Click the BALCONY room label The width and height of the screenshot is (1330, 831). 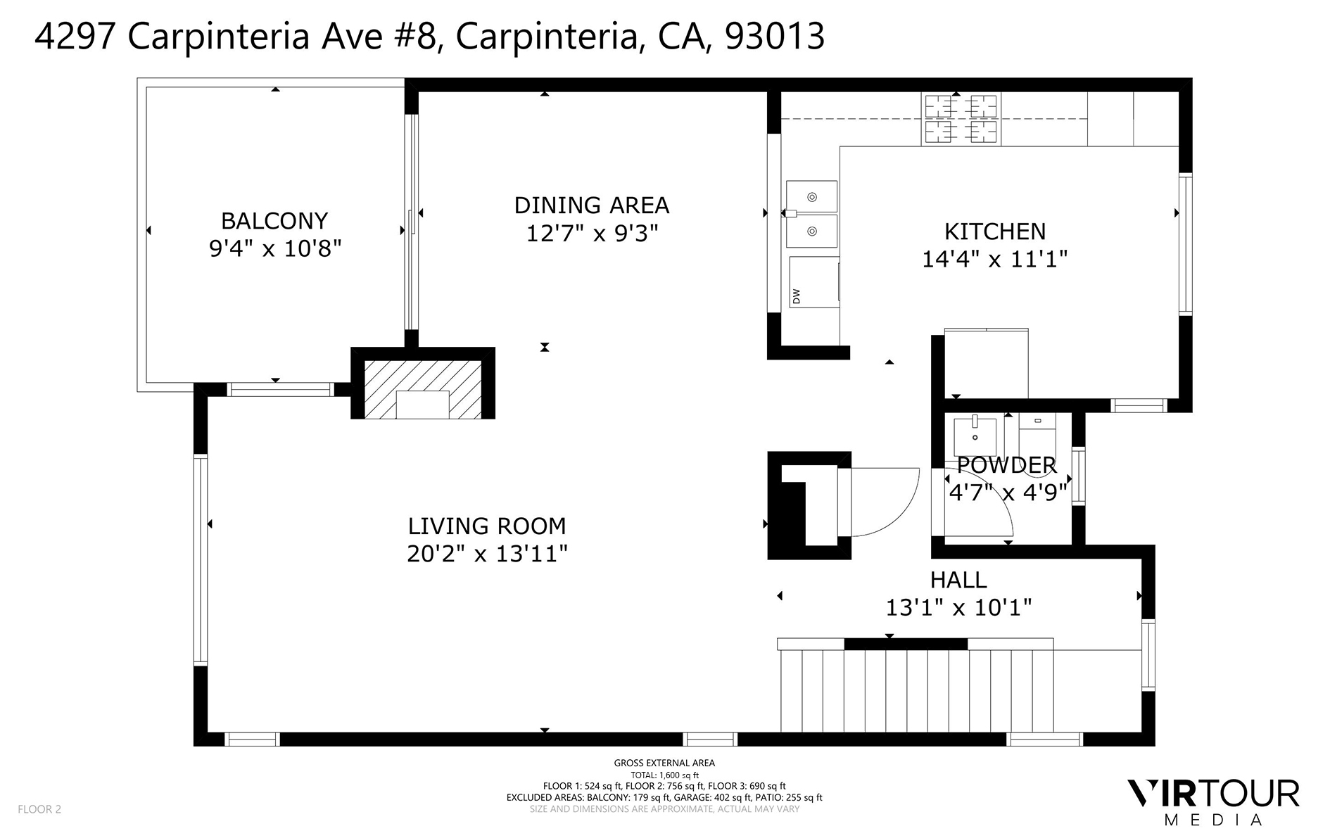tap(274, 221)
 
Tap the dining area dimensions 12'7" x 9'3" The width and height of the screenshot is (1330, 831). tap(592, 233)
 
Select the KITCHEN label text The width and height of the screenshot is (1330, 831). tap(994, 231)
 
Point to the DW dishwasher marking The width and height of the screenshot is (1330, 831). tap(797, 296)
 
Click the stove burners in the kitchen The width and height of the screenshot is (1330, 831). tap(960, 119)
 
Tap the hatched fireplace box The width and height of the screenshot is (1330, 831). tap(423, 388)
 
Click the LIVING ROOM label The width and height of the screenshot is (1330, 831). tap(487, 526)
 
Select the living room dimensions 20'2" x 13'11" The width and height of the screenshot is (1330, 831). tap(487, 554)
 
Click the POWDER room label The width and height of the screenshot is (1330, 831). tap(1006, 465)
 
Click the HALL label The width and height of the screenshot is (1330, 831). tap(958, 580)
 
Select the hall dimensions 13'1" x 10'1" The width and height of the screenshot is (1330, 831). tap(958, 607)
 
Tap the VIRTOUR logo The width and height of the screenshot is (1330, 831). tap(1213, 794)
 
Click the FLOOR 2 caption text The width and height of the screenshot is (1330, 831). tap(39, 809)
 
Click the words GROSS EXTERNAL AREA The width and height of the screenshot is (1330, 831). tap(664, 763)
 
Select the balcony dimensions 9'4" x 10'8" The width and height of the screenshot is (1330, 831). tap(274, 248)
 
